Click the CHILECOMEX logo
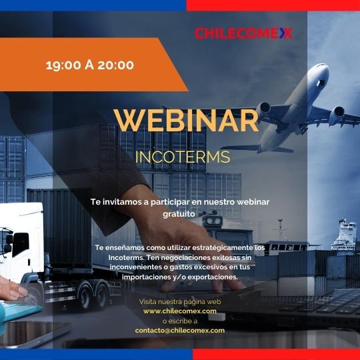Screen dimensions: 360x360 tap(243, 33)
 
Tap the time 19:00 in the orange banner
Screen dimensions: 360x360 tap(63, 65)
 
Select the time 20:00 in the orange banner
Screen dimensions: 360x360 tap(115, 65)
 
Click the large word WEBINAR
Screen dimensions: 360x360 tap(186, 121)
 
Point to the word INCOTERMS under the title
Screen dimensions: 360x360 tap(183, 157)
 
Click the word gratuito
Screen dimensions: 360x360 tap(179, 214)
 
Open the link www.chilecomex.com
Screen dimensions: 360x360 tap(180, 311)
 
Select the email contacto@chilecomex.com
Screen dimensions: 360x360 tap(180, 331)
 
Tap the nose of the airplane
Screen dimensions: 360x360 tap(324, 67)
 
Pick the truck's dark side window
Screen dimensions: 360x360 tap(21, 244)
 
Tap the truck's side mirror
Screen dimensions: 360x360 tap(9, 240)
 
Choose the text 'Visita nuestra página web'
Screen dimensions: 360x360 tap(180, 302)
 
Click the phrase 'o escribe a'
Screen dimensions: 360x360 tap(180, 321)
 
